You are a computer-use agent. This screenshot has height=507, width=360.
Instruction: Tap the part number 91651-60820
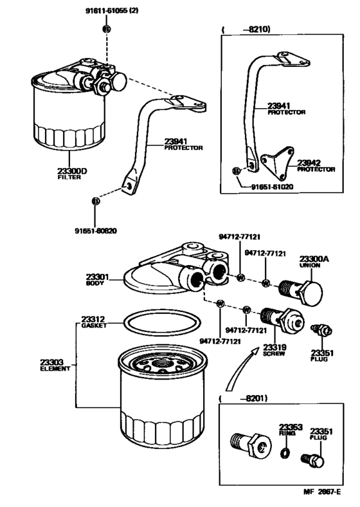96,230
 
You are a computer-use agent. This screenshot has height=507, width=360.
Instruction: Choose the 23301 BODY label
98,281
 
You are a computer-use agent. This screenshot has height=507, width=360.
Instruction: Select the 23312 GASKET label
93,322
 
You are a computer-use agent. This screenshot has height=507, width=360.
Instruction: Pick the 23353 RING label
287,429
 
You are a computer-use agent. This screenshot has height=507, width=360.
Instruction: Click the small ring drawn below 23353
287,456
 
